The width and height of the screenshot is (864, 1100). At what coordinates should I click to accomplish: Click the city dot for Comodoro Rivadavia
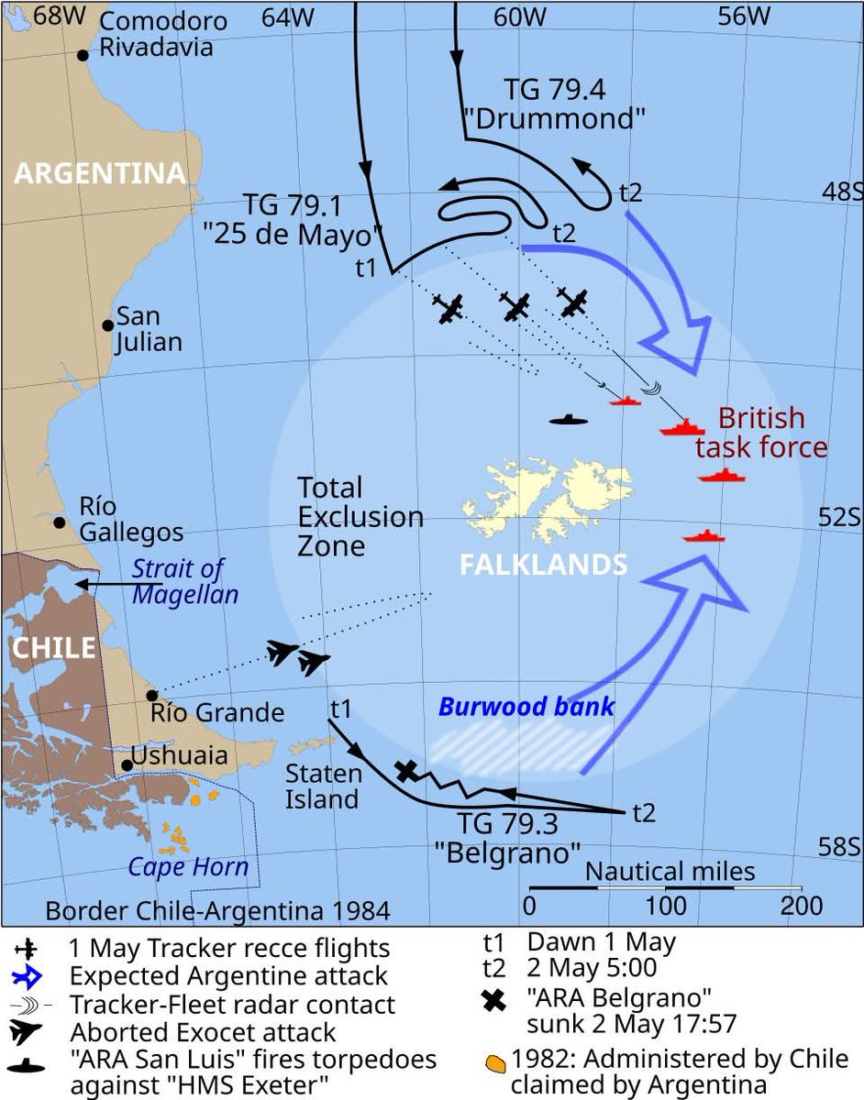(x=83, y=55)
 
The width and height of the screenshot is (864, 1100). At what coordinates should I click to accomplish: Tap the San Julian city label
(x=148, y=330)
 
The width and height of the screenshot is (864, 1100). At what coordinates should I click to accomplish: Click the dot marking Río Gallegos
(x=60, y=522)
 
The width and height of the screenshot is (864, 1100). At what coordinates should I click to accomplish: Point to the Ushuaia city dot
(x=126, y=764)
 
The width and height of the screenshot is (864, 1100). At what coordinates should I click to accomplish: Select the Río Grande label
(x=217, y=712)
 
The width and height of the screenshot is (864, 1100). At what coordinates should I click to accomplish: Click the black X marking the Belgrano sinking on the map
(x=405, y=771)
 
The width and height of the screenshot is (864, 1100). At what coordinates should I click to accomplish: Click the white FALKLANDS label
(x=543, y=564)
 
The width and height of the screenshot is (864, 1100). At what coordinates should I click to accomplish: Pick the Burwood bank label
(x=526, y=707)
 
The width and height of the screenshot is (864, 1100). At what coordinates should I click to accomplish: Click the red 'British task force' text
(x=761, y=433)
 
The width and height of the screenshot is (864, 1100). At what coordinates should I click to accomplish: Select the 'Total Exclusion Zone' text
(x=360, y=517)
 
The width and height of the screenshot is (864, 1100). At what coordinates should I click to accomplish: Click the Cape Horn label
(x=188, y=866)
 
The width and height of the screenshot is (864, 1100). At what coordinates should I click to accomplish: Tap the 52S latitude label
(x=839, y=517)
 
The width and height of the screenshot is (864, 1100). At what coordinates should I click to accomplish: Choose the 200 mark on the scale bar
(x=801, y=907)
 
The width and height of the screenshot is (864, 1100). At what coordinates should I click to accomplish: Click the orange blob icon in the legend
(x=495, y=1064)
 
